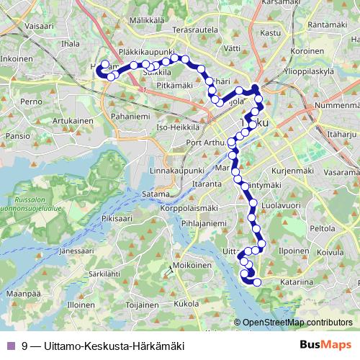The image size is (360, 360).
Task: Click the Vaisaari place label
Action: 19,24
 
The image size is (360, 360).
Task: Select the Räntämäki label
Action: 328,24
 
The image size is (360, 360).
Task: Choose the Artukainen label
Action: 73,121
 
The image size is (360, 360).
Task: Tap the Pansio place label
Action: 17,135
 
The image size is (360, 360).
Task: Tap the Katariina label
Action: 297,283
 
